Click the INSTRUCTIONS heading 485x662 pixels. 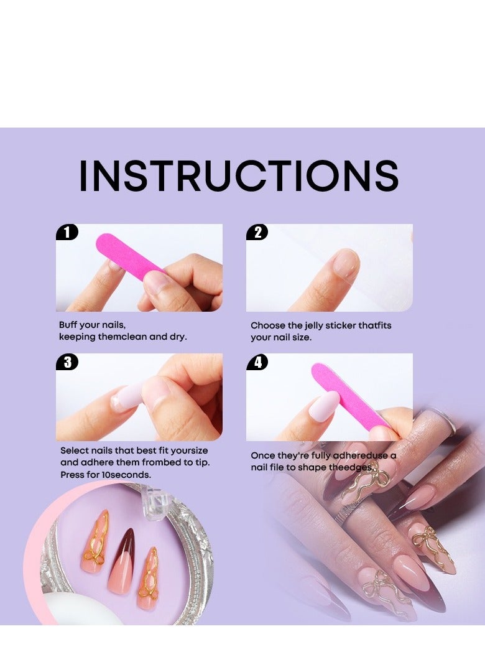(x=239, y=176)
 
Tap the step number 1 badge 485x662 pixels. (x=67, y=233)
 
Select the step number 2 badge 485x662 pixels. (x=257, y=233)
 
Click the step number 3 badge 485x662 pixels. (x=67, y=362)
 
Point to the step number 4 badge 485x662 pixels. (x=257, y=362)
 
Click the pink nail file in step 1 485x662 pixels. (x=128, y=256)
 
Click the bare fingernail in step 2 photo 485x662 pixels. (x=346, y=263)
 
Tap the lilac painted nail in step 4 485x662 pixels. (x=323, y=406)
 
